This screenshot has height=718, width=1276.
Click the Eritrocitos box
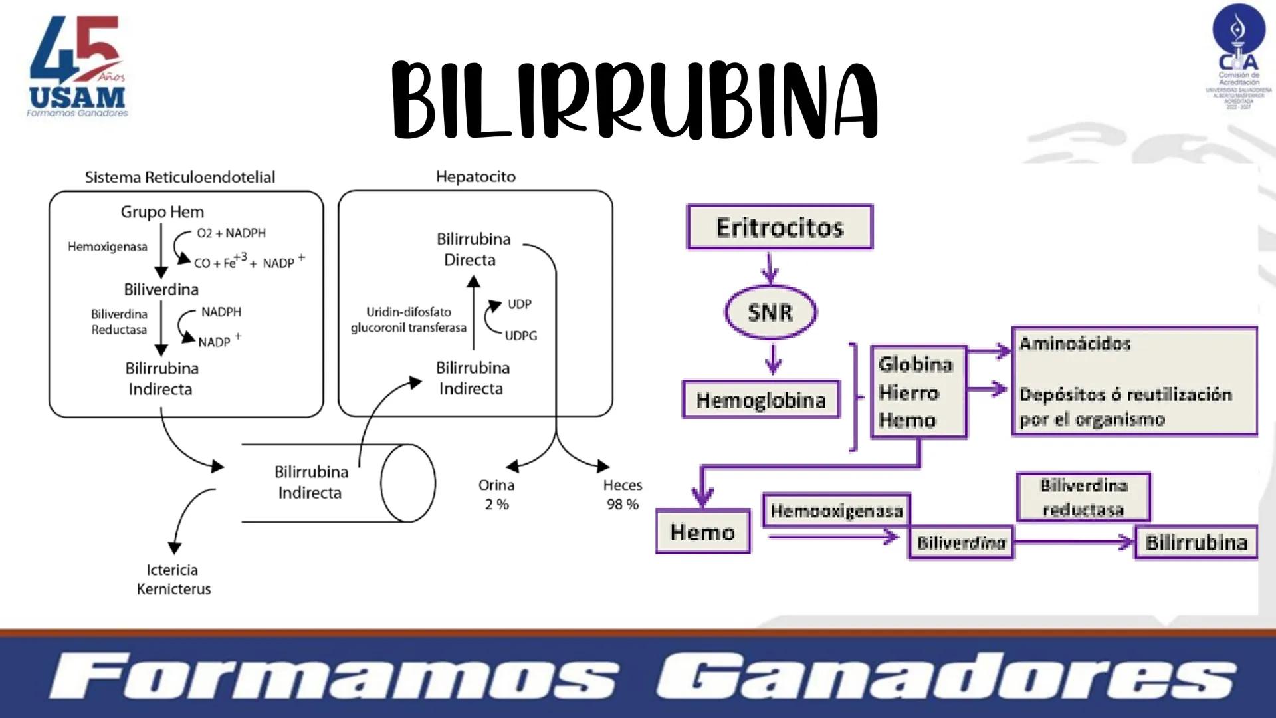click(780, 227)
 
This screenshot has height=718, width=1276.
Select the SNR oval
click(770, 312)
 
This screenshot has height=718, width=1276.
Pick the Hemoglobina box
click(761, 400)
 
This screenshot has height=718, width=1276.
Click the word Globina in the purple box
click(915, 364)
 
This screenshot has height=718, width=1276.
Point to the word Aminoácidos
click(1075, 344)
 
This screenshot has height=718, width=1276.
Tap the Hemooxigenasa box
click(836, 511)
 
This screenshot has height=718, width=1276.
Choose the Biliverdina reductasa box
click(1083, 497)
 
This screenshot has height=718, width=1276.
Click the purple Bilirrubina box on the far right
click(1196, 542)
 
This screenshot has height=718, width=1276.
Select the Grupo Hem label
click(162, 212)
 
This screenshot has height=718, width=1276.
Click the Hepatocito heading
click(476, 177)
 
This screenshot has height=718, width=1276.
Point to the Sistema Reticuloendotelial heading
click(179, 178)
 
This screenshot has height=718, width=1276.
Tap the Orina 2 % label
click(496, 495)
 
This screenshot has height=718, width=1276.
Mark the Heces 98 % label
click(623, 495)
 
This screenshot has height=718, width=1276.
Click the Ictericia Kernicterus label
click(173, 579)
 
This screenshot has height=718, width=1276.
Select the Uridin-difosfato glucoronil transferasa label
click(409, 320)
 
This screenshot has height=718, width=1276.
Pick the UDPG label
click(520, 336)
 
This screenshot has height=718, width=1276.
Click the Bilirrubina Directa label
click(473, 249)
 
